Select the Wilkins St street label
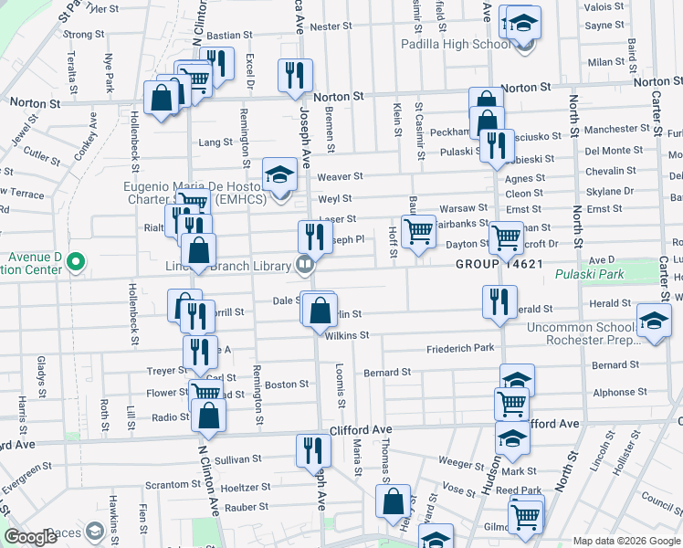point(346,335)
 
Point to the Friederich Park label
point(460,349)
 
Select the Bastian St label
point(223,36)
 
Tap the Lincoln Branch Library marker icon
point(305,265)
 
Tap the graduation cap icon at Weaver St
point(279,174)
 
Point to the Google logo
point(31,537)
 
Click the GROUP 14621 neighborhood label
point(500,264)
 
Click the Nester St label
point(325,26)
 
